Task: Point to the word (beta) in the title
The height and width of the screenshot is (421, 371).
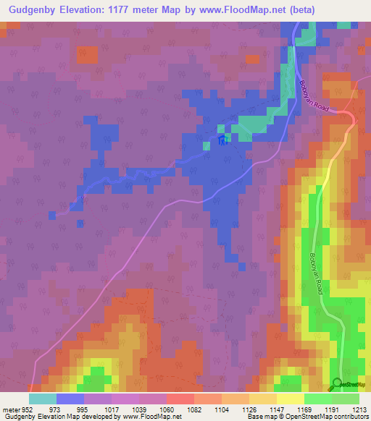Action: [340, 9]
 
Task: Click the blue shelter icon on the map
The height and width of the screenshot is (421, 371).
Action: [222, 140]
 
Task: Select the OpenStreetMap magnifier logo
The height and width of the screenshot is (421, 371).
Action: [338, 385]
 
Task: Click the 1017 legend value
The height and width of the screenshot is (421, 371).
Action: [112, 409]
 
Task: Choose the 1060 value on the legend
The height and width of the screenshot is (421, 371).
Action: [167, 409]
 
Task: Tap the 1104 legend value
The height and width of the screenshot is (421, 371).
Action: [222, 409]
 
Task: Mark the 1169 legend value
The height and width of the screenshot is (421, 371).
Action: [304, 409]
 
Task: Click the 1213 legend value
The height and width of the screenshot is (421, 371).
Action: [358, 409]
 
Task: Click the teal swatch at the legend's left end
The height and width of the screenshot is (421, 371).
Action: [43, 399]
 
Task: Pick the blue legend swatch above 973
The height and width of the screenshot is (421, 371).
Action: [70, 399]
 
